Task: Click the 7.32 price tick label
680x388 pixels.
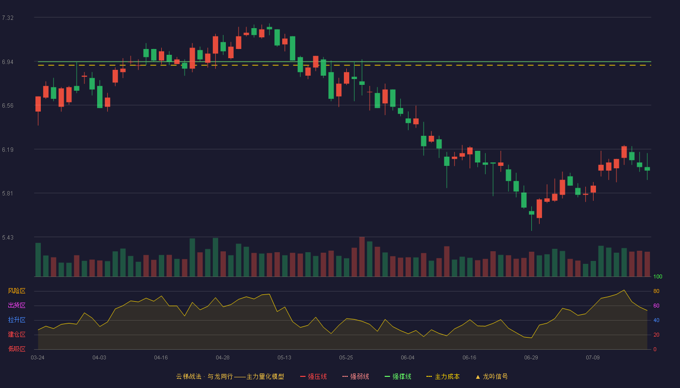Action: coord(8,18)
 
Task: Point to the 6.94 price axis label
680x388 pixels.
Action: coord(8,62)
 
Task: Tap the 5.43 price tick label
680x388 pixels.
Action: coord(8,237)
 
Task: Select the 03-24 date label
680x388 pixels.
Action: coord(38,358)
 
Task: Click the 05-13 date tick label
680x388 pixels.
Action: coord(284,358)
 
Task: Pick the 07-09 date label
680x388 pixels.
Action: coord(593,358)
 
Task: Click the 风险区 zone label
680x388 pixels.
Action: coord(17,291)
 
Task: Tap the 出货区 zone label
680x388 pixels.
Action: coord(17,305)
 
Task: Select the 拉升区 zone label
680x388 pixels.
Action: coord(17,320)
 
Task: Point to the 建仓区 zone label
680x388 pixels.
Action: coord(17,334)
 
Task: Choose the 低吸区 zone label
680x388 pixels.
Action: coord(17,349)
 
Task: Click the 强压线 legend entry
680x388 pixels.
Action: coord(313,376)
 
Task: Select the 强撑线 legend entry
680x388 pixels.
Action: coord(398,376)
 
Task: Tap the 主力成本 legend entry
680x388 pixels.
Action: coord(443,376)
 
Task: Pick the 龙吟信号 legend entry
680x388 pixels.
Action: coord(492,376)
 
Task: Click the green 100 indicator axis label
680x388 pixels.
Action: coord(658,276)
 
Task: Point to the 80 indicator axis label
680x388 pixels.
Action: coord(656,291)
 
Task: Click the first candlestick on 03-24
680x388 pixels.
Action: coord(38,104)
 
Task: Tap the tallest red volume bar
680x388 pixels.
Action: coord(362,257)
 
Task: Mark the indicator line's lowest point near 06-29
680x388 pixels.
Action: coord(531,338)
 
